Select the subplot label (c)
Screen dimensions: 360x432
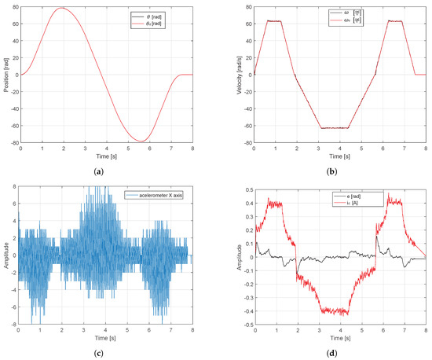pyautogui.click(x=108, y=352)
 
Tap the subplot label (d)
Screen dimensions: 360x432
pyautogui.click(x=343, y=352)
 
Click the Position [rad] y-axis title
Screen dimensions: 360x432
pyautogui.click(x=5, y=75)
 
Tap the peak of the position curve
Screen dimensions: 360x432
pyautogui.click(x=62, y=9)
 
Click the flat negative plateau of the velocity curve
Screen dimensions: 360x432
pyautogui.click(x=335, y=128)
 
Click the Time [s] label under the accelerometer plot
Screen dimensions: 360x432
pyautogui.click(x=107, y=336)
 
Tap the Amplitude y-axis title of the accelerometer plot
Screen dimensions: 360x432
pyautogui.click(x=5, y=256)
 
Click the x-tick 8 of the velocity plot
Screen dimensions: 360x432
pyautogui.click(x=425, y=149)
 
